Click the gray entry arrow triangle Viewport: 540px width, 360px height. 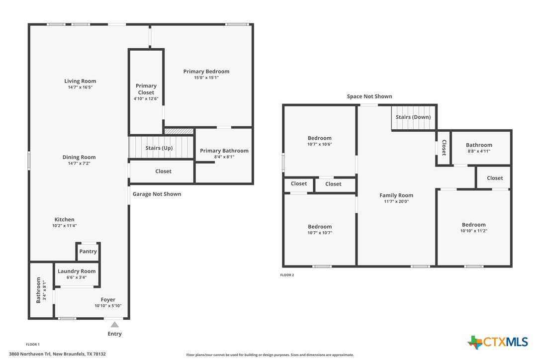click(x=115, y=325)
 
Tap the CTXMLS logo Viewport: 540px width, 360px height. click(x=497, y=342)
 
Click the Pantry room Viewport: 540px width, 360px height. click(x=88, y=252)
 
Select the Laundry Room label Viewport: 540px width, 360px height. click(x=77, y=271)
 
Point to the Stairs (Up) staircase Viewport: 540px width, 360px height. click(x=161, y=148)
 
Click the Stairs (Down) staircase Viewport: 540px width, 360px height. click(x=414, y=118)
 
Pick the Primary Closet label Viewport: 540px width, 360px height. click(x=146, y=89)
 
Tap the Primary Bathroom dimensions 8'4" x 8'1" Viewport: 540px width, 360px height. click(x=224, y=157)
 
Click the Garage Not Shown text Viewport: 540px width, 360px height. click(x=157, y=194)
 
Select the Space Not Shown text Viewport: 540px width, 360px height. click(x=369, y=96)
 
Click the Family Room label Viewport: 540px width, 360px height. click(x=396, y=195)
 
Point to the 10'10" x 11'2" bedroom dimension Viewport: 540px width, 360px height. click(x=473, y=231)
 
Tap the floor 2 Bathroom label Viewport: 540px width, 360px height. click(x=479, y=145)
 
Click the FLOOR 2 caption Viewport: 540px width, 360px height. click(x=287, y=275)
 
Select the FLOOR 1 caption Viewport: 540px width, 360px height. click(x=33, y=344)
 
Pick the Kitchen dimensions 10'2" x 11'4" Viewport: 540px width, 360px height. click(x=65, y=226)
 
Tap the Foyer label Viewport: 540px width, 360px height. click(x=108, y=300)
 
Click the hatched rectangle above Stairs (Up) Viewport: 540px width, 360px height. click(x=179, y=131)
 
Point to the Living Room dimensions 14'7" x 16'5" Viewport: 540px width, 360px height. click(x=80, y=87)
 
